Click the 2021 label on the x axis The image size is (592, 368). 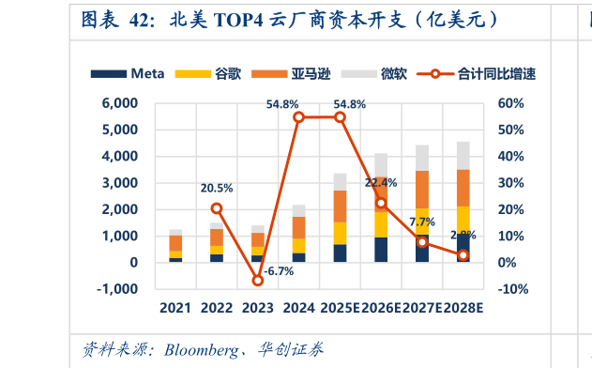175,308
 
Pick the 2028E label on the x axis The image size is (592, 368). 463,308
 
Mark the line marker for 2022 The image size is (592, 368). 217,208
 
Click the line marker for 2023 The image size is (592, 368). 257,281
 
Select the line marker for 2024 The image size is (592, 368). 298,117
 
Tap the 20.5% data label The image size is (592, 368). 217,188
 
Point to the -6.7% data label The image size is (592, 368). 278,271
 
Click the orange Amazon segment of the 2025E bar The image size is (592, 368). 340,206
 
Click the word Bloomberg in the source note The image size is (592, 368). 200,350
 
